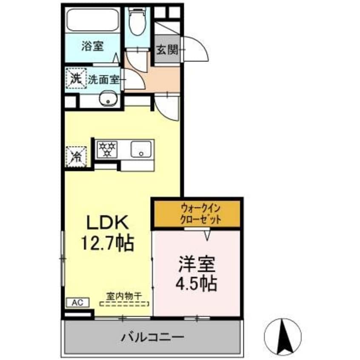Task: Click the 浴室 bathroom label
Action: coord(93,46)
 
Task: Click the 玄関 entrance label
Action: coord(166,51)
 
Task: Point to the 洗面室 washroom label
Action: coord(103,79)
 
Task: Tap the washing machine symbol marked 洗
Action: coord(76,78)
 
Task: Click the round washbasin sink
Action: coord(108,99)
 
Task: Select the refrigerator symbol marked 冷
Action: coord(77,156)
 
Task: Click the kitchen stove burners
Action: coord(108,149)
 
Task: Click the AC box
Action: coord(77,303)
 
